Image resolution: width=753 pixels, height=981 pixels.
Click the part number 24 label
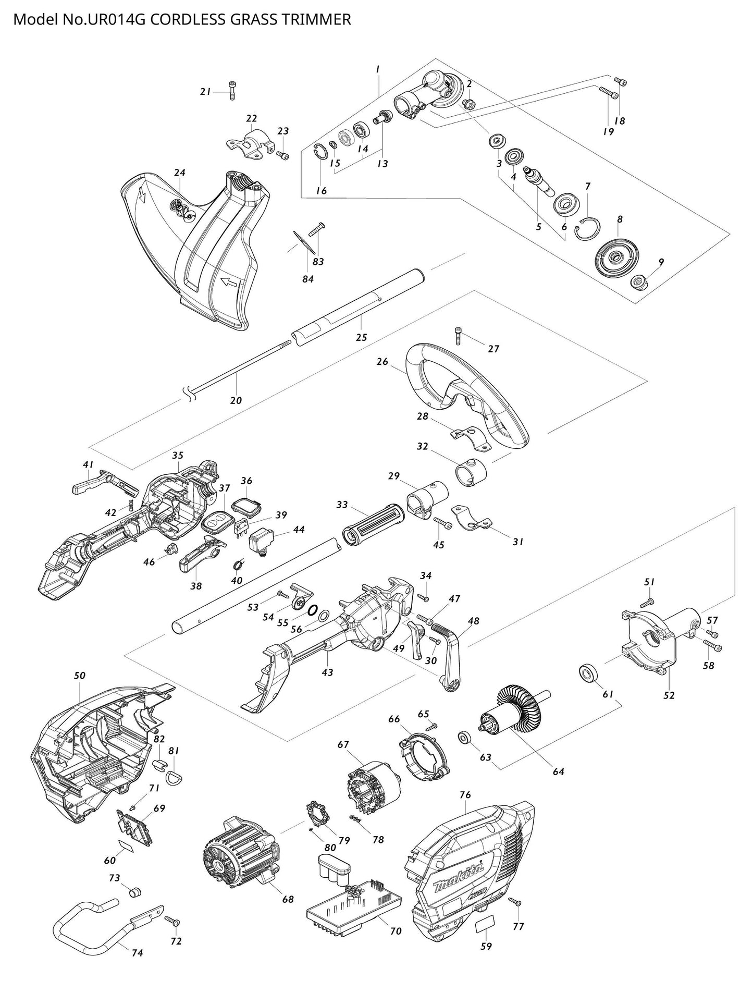click(x=180, y=173)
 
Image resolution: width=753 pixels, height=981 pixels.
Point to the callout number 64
click(x=558, y=771)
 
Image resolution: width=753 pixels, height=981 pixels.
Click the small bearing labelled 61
click(x=589, y=672)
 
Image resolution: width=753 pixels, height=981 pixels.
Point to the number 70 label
click(x=396, y=931)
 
